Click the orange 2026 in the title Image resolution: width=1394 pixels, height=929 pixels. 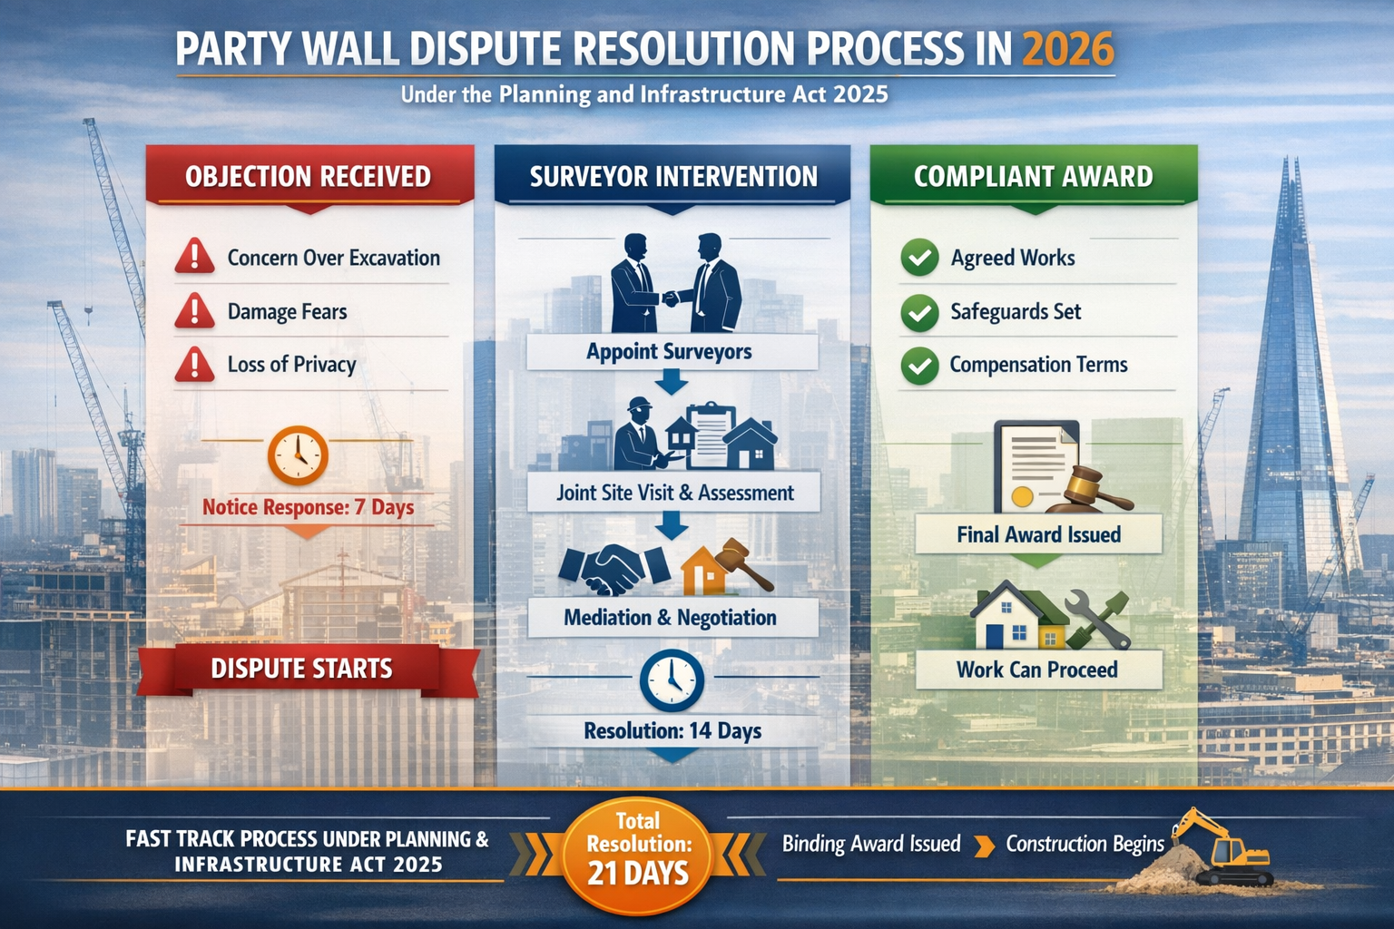click(1067, 49)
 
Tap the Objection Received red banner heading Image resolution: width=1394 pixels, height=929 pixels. click(309, 176)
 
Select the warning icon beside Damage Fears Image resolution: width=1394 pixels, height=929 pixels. click(194, 311)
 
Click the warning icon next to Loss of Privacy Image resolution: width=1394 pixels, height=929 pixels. click(194, 365)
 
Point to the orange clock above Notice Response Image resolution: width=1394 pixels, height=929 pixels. click(298, 455)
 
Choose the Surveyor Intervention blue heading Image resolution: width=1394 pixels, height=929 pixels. click(672, 176)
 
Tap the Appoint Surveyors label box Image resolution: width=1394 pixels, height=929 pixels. click(670, 352)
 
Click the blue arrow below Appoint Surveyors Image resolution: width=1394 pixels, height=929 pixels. click(671, 383)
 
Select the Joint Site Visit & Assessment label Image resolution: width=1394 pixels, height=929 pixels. click(674, 493)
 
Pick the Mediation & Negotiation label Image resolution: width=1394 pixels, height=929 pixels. click(671, 618)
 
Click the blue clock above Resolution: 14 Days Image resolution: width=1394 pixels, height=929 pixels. click(672, 680)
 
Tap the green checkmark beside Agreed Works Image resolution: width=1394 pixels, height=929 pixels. click(919, 258)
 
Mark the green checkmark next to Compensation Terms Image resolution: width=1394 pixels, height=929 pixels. click(919, 366)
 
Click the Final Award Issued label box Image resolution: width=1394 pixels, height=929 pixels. click(1038, 534)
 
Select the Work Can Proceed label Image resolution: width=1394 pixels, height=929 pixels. click(1037, 670)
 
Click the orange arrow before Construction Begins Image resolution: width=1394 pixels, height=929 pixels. click(983, 846)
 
